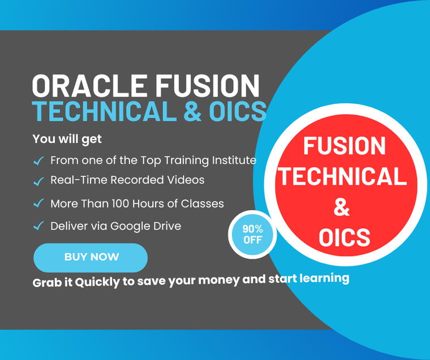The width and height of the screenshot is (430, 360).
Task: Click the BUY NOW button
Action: point(91,257)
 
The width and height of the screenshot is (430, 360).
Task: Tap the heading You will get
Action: point(67,138)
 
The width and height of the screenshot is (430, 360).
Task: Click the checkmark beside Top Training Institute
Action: point(38,161)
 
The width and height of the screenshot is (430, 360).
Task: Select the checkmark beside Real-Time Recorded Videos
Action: point(38,181)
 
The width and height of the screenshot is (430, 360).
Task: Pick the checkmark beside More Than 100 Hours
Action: point(38,203)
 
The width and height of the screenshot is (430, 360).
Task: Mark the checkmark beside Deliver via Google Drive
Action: point(38,226)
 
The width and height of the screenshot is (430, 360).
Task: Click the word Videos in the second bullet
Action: point(187,180)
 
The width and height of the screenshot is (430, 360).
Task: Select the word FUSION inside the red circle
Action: point(344,146)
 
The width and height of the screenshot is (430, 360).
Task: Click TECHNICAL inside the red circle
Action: point(343,176)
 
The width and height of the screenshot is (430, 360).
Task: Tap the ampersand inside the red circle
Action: point(342,207)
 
